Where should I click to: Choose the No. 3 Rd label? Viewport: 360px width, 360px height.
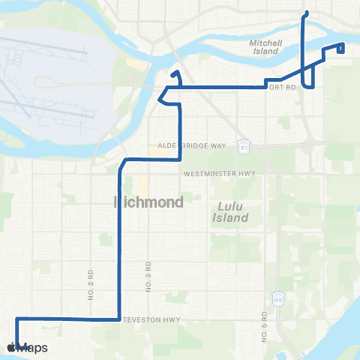click(149, 276)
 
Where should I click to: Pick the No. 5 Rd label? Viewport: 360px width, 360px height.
click(265, 326)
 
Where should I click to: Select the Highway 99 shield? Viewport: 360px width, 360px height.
click(278, 298)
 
